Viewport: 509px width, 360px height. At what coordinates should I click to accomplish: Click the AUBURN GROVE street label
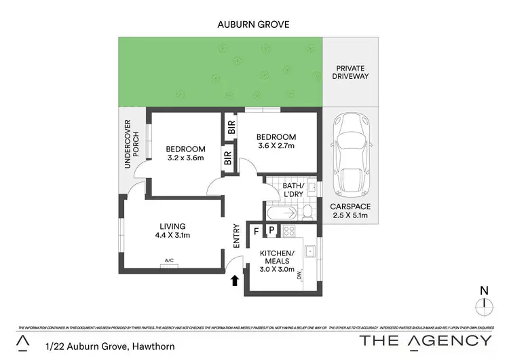tap(254, 24)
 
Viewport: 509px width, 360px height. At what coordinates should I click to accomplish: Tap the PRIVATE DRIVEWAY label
tap(352, 72)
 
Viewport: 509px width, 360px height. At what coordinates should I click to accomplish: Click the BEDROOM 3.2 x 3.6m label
tap(185, 154)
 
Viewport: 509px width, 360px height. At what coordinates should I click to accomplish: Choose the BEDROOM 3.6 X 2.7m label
tap(277, 140)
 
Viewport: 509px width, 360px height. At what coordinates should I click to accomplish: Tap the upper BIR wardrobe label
tap(231, 126)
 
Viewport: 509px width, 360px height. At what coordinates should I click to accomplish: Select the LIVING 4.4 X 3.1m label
tap(173, 231)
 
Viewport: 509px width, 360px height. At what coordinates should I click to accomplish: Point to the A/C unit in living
tap(170, 264)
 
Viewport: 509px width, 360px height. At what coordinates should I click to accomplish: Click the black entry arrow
tap(235, 279)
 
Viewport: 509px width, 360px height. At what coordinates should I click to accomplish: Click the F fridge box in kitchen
tap(257, 232)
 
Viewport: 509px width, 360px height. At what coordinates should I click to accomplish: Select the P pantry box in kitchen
tap(271, 232)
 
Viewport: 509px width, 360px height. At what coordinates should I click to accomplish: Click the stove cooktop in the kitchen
tap(288, 231)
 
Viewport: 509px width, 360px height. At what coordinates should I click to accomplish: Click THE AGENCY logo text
tap(426, 340)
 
